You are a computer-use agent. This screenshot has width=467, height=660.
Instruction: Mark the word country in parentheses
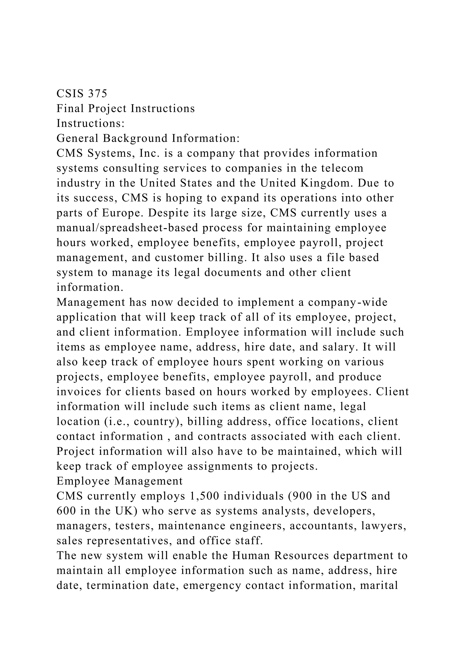point(154,422)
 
